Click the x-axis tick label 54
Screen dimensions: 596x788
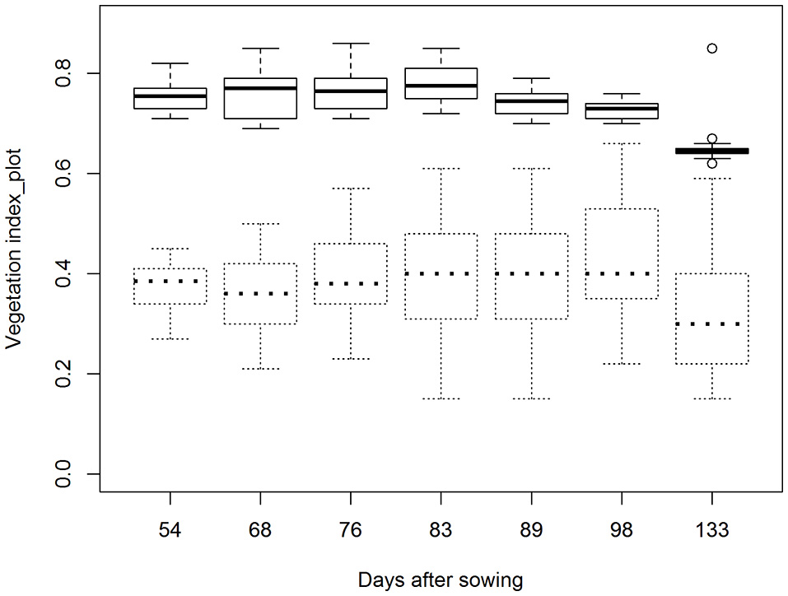coord(170,531)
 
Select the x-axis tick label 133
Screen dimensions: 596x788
coord(711,531)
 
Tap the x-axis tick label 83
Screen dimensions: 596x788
coord(441,531)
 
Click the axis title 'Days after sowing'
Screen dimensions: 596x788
coord(440,580)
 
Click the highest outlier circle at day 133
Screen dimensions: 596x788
coord(711,49)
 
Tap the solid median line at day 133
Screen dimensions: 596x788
coord(711,151)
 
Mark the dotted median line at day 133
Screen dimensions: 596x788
coord(711,324)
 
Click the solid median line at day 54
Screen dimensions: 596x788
coord(170,96)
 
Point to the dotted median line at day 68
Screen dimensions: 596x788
coord(260,293)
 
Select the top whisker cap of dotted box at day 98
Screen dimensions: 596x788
coord(622,143)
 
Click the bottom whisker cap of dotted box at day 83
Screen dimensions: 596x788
coord(441,398)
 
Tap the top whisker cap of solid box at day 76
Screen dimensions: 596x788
coord(351,43)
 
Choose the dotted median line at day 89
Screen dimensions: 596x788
coord(531,273)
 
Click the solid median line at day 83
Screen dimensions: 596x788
coord(441,86)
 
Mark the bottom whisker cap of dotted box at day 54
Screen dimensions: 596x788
coord(170,338)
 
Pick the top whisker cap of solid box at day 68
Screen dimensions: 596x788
coord(260,49)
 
